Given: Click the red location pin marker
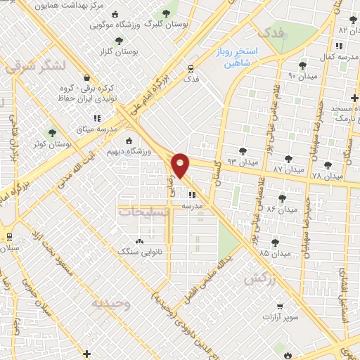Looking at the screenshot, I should (x=181, y=166).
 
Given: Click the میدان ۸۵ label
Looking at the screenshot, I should (x=256, y=252).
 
